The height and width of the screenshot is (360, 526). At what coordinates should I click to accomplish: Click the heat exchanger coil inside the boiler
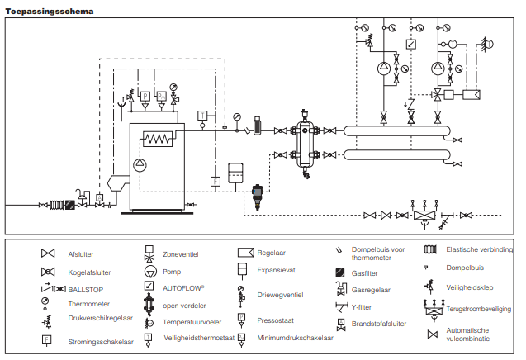pyautogui.click(x=159, y=138)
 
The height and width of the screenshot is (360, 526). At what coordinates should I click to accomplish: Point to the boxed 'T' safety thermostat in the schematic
pyautogui.click(x=202, y=113)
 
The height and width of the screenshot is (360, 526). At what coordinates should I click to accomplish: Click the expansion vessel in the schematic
pyautogui.click(x=237, y=169)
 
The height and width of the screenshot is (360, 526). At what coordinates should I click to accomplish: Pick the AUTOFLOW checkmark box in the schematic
pyautogui.click(x=411, y=44)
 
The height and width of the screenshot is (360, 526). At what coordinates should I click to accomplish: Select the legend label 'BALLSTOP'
pyautogui.click(x=84, y=288)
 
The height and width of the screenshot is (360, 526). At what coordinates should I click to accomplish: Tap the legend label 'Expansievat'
pyautogui.click(x=277, y=269)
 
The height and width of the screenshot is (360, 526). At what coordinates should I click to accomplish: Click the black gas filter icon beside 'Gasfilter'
pyautogui.click(x=339, y=273)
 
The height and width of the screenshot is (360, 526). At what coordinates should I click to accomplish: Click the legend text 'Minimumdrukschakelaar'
pyautogui.click(x=295, y=338)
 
